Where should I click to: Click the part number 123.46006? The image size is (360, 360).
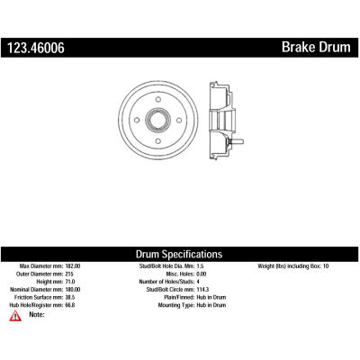tap(36, 48)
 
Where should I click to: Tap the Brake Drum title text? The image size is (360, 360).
tap(316, 48)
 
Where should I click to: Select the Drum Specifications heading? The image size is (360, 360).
tap(179, 254)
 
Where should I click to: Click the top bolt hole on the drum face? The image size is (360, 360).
tap(158, 100)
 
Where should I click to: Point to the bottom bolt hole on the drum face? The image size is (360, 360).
tap(158, 141)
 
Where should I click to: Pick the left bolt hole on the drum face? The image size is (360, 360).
tap(137, 121)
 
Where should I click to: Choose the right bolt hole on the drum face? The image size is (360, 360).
tap(179, 121)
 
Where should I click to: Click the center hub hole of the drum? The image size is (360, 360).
tap(158, 121)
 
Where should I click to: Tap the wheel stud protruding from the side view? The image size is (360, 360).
tap(236, 141)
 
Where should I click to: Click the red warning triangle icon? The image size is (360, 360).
tap(15, 316)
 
